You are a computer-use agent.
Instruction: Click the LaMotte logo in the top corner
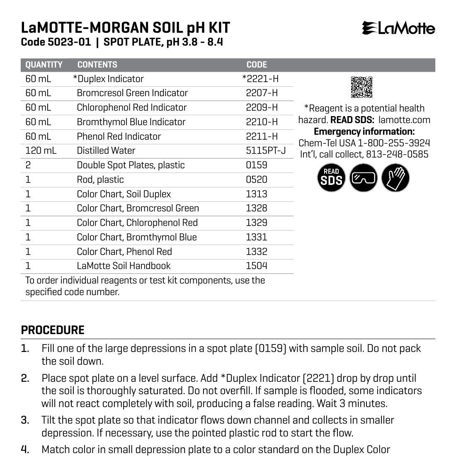tap(398, 28)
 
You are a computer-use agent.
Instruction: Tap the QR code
tap(361, 87)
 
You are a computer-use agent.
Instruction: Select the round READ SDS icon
tap(331, 178)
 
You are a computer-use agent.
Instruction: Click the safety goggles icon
tap(363, 178)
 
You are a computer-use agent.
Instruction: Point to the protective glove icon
tap(395, 178)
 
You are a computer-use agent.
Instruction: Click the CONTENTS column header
tap(97, 65)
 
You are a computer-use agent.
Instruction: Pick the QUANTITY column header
tap(44, 65)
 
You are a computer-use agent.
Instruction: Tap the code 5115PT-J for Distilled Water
tap(266, 150)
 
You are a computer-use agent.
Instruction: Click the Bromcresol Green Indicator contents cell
tap(132, 93)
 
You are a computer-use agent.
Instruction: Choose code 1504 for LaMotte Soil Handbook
tap(257, 266)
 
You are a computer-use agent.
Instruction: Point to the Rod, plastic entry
tap(100, 179)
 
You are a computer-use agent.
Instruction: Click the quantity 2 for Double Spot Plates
tap(28, 165)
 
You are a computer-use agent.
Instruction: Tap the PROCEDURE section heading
tap(53, 330)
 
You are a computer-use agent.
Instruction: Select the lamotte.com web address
tap(404, 120)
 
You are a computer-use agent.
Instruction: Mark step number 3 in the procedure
tap(25, 420)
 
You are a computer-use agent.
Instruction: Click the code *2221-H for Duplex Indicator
tap(260, 79)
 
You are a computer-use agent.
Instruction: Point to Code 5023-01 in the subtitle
tap(56, 42)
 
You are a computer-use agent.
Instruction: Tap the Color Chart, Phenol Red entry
tap(124, 252)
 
